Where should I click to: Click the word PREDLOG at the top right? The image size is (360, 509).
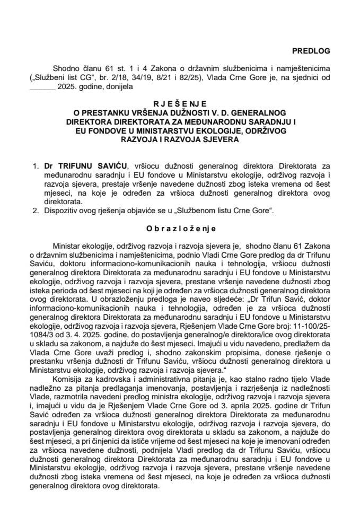point(310,51)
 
